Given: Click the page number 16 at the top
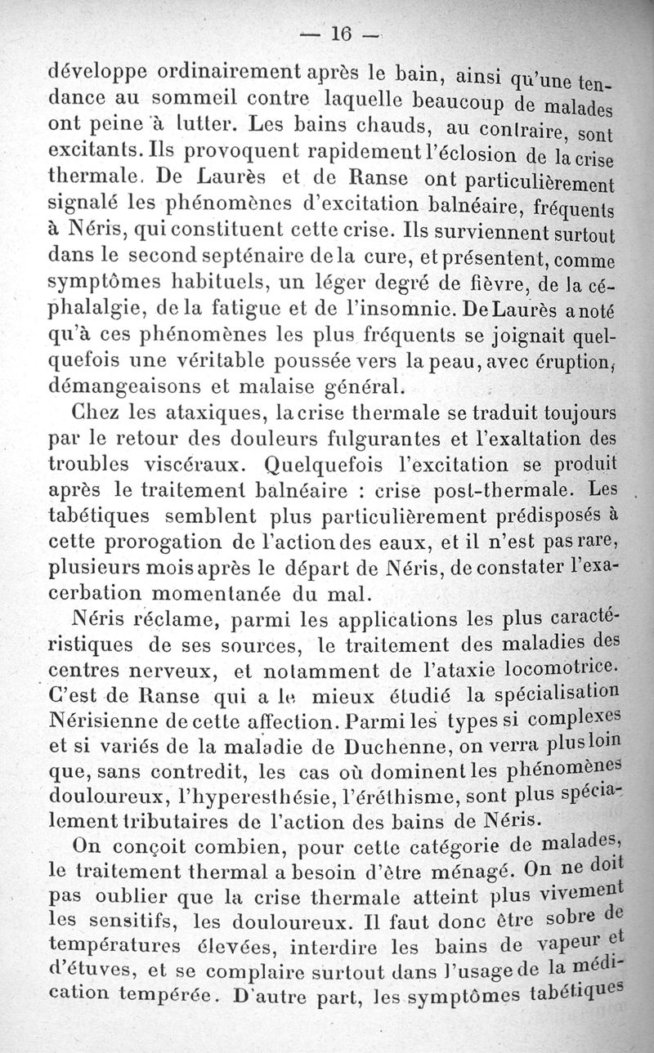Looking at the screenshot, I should [x=339, y=33].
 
